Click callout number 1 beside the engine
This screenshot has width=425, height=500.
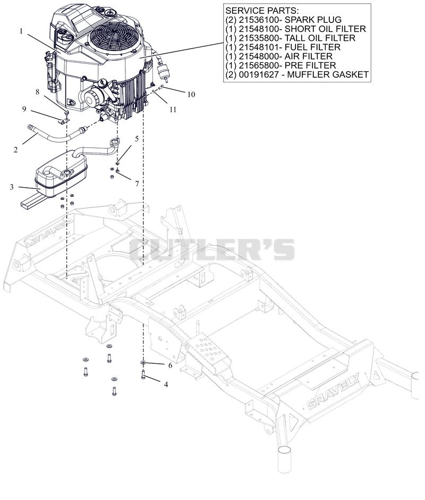21,31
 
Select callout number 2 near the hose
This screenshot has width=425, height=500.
15,149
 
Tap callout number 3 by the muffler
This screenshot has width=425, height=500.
12,187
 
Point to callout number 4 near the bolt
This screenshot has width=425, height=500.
166,385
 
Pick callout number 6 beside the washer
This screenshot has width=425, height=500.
170,365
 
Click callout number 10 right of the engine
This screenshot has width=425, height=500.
191,94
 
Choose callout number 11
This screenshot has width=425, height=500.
173,110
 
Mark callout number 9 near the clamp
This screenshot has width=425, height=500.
24,109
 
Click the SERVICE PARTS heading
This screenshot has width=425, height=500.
261,11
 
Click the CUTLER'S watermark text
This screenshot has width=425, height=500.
212,249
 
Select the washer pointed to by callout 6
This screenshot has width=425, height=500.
143,363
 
